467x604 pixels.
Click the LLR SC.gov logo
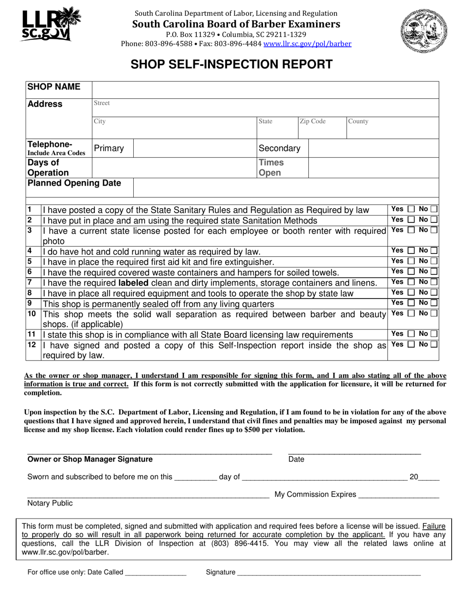coord(50,25)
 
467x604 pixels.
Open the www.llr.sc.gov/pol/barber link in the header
coord(307,44)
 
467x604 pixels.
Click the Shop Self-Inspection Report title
coord(231,64)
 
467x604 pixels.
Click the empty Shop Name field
coord(265,90)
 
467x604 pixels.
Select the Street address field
coord(265,108)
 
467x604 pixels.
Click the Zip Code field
coord(321,128)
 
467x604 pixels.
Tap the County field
coord(392,128)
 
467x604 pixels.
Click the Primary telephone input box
coord(195,148)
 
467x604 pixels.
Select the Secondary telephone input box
coord(373,148)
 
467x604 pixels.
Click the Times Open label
coord(271,167)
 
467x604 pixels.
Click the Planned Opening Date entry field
coord(286,188)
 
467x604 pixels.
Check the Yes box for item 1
coord(411,209)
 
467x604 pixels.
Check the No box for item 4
coord(434,251)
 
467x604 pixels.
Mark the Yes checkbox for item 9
coord(411,303)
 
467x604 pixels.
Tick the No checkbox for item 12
coord(434,344)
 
